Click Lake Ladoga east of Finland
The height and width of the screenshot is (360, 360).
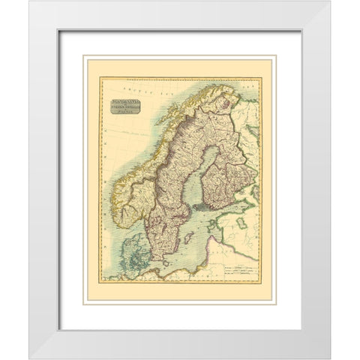256,196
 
